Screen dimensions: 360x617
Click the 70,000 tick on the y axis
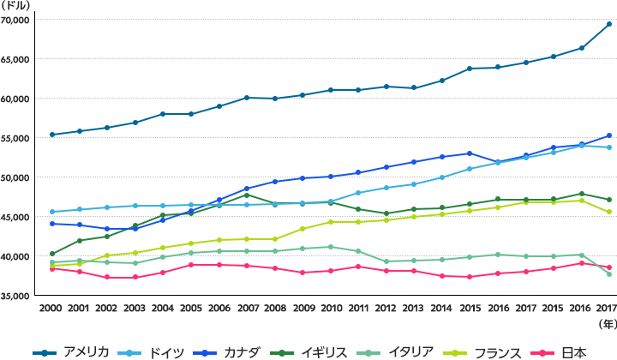click(16, 20)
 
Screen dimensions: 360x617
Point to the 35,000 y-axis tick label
click(16, 296)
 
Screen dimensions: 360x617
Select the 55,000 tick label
click(16, 138)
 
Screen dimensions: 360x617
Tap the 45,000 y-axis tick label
click(16, 217)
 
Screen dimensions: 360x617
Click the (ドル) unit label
click(15, 6)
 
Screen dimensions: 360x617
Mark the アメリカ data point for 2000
click(51, 135)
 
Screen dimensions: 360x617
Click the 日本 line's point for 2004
click(163, 273)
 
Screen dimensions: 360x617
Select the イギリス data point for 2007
click(247, 195)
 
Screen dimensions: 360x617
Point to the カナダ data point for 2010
click(330, 177)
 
